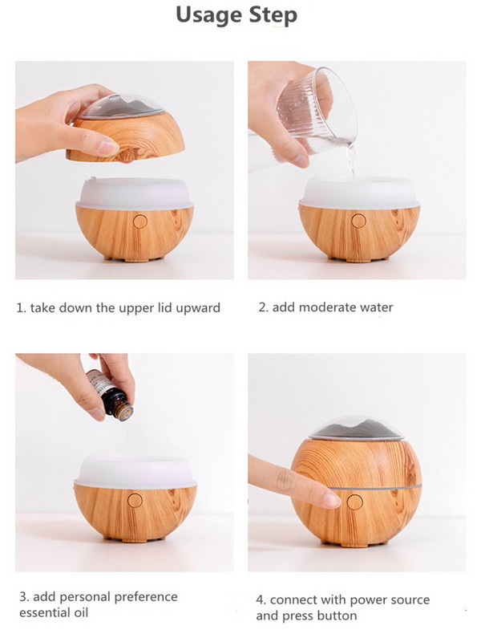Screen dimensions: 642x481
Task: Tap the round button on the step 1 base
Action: point(139,221)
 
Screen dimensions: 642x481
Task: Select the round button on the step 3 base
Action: point(134,500)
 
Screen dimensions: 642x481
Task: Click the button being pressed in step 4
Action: point(354,503)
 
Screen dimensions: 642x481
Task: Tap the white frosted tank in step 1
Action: point(135,193)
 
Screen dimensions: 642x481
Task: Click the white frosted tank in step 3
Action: point(134,472)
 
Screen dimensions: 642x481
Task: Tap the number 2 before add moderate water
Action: point(261,307)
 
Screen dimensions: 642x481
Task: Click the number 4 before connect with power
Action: point(260,600)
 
